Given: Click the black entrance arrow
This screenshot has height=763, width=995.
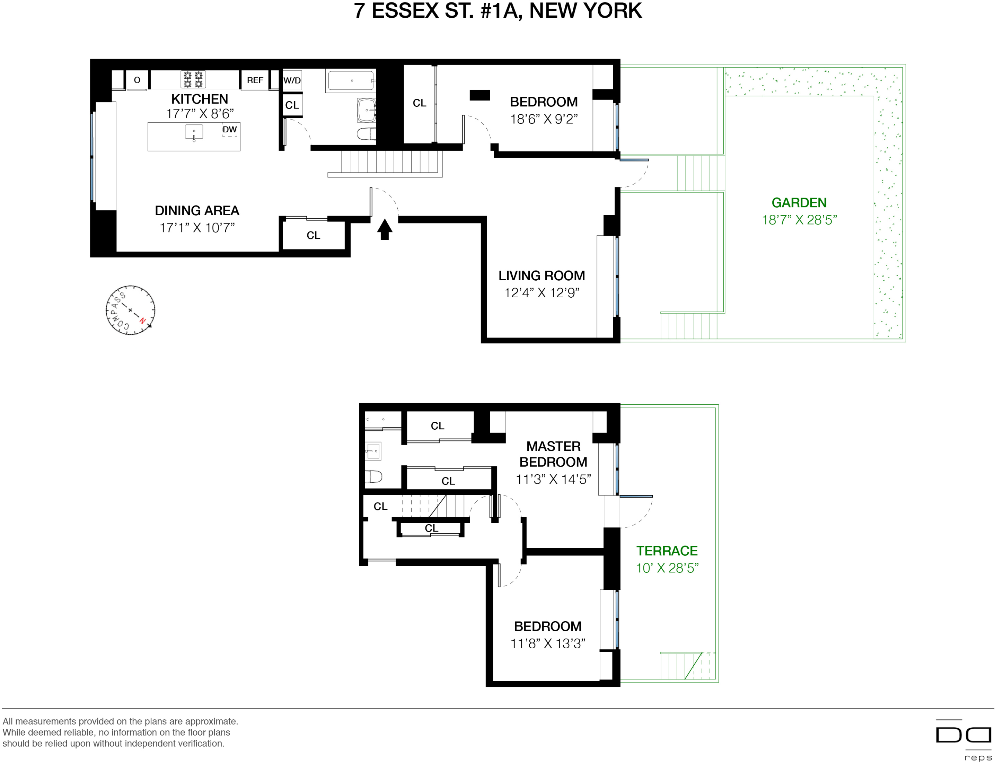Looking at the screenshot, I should [x=384, y=229].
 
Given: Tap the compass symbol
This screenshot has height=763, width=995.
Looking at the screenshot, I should [x=130, y=310].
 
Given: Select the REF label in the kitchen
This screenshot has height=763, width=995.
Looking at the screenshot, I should [x=255, y=80].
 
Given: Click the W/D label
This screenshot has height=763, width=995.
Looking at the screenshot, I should [x=292, y=80].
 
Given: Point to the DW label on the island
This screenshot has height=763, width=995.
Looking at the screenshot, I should [x=229, y=130].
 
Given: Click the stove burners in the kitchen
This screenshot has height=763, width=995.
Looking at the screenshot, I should [x=193, y=79].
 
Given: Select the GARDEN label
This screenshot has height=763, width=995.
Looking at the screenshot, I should [x=799, y=203].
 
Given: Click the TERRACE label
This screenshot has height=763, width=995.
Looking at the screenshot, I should [x=667, y=551].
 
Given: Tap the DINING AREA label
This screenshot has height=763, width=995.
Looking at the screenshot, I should [x=197, y=210].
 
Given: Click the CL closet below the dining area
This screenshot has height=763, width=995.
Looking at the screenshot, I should [x=313, y=235].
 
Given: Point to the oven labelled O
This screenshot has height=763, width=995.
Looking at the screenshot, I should [x=137, y=80].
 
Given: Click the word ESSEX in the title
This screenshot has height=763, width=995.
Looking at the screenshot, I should [x=405, y=10].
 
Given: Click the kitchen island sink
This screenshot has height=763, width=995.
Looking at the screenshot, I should [x=194, y=132].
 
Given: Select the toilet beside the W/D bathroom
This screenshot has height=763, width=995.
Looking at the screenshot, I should [x=366, y=133].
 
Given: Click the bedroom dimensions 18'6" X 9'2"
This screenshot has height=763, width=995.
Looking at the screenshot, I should [x=543, y=119].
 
